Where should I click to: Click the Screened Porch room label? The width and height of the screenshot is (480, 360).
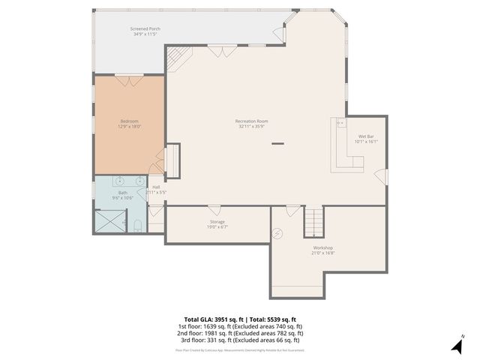point(146,29)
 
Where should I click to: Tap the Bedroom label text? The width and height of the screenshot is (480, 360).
point(129,121)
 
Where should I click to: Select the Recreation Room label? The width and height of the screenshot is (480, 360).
point(251,121)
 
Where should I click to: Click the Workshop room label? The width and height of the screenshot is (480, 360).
point(322,247)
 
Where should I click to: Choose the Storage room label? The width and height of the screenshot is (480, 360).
point(217,222)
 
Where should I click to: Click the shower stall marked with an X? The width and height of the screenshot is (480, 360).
point(107,222)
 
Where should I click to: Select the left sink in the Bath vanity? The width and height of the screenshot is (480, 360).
point(118,181)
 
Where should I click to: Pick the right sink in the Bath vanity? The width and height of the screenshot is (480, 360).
point(140,181)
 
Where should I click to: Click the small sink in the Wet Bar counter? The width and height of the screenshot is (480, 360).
point(340,122)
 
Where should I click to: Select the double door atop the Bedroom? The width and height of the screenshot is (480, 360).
point(128,78)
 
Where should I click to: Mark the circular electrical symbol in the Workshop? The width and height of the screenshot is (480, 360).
point(278,233)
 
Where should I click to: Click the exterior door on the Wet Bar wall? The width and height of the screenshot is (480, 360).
point(382,177)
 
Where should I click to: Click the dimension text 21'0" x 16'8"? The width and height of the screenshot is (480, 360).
point(322,253)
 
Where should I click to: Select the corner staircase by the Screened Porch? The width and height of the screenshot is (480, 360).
point(178,56)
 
